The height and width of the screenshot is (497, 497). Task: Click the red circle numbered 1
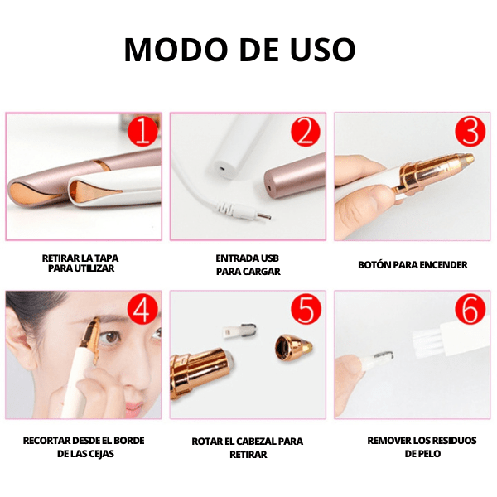coord(142,132)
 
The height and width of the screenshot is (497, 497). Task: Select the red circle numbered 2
coord(306,132)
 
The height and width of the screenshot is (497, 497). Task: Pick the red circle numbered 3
coord(470,132)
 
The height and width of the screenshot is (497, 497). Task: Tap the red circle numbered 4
coord(142,309)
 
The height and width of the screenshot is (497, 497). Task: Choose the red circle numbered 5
coord(306,309)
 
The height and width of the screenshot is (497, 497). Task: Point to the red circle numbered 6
coord(470,309)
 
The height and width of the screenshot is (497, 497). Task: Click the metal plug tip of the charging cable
coord(264,216)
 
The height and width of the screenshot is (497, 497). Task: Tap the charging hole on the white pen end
coord(222,167)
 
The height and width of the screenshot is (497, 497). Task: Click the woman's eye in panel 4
coord(111,338)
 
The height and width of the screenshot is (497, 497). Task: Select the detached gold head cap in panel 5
coord(293,347)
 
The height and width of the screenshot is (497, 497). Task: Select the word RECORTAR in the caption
coord(46,441)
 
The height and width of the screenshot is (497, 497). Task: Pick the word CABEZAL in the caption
coord(256,442)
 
